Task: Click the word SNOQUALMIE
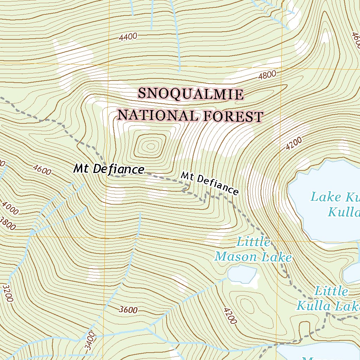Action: point(190,94)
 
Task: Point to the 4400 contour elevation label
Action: point(128,37)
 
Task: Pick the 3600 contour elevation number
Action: point(128,310)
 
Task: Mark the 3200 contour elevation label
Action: point(7,293)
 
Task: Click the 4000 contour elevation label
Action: point(10,208)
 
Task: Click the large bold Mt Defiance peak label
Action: point(109,169)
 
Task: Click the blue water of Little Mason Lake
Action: point(242,274)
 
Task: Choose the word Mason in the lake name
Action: point(236,257)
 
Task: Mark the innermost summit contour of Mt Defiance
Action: point(151,146)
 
